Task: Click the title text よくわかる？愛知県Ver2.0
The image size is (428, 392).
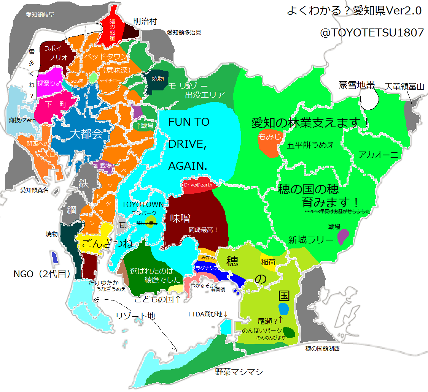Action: coord(354,11)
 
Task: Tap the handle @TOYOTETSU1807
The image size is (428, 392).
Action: coord(372,33)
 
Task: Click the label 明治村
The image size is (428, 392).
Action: coord(145,21)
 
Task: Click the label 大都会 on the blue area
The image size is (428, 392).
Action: coord(87,134)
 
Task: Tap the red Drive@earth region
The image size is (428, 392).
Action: coord(198,185)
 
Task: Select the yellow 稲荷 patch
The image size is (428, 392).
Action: coord(269,262)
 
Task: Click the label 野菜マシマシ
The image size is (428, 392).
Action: coord(239,372)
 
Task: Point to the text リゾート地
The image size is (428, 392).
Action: coord(135,316)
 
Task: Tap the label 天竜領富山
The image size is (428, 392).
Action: coord(404,86)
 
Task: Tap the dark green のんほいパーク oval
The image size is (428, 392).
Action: coord(289,332)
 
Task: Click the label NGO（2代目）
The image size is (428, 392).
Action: coord(42,274)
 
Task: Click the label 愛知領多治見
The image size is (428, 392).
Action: coord(184,33)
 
